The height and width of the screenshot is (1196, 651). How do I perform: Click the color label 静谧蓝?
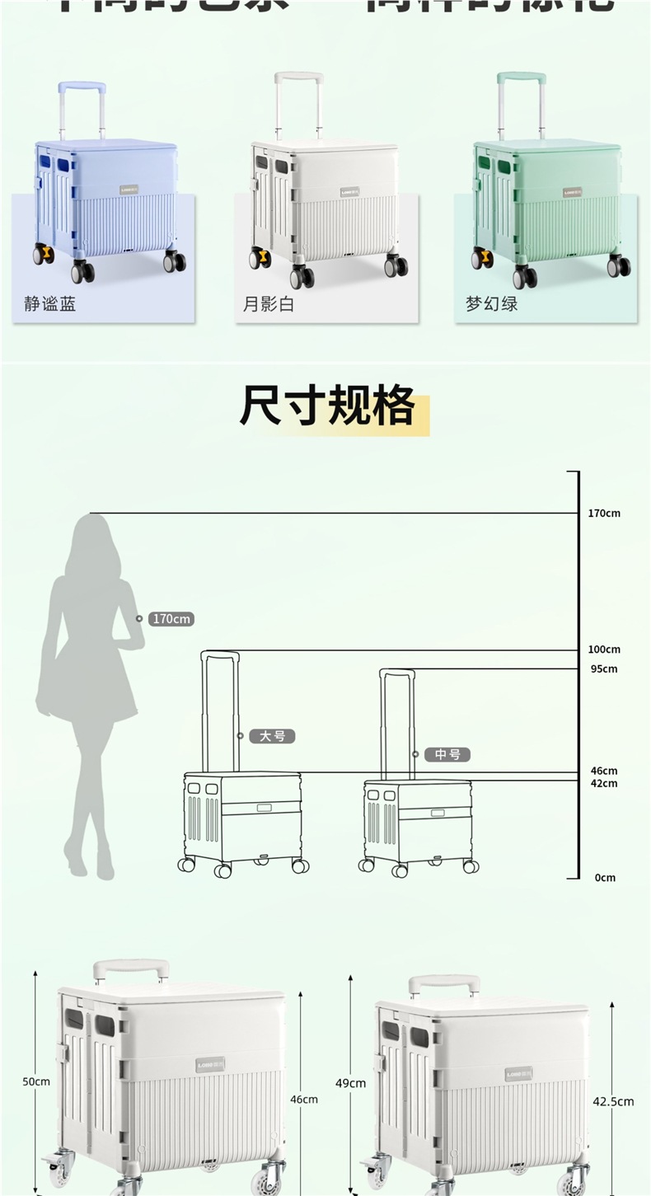click(49, 304)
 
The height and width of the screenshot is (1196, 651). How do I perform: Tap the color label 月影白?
click(268, 304)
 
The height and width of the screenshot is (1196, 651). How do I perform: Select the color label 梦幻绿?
click(491, 304)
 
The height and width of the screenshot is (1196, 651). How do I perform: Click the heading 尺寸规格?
click(328, 406)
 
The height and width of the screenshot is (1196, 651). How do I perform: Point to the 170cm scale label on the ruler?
click(604, 514)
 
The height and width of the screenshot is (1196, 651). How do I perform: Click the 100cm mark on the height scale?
click(604, 650)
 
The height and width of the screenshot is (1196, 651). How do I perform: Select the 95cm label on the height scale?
click(604, 668)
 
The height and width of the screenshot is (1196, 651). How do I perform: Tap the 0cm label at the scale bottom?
click(605, 878)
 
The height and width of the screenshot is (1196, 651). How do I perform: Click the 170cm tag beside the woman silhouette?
click(171, 619)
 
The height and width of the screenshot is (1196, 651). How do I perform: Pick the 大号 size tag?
click(272, 736)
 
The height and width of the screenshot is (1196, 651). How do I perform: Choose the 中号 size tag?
click(447, 754)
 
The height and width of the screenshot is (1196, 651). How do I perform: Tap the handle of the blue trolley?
click(81, 86)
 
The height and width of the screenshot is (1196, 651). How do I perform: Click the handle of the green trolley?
click(521, 78)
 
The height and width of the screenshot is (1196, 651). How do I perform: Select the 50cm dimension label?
click(36, 1081)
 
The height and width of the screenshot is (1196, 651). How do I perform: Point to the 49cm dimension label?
click(351, 1083)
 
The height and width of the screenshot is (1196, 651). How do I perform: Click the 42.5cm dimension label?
click(613, 1101)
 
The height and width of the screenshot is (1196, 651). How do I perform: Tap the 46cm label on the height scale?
click(604, 772)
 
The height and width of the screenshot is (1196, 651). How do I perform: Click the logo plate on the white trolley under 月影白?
click(350, 191)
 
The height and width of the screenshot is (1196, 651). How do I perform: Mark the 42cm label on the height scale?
click(604, 783)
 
